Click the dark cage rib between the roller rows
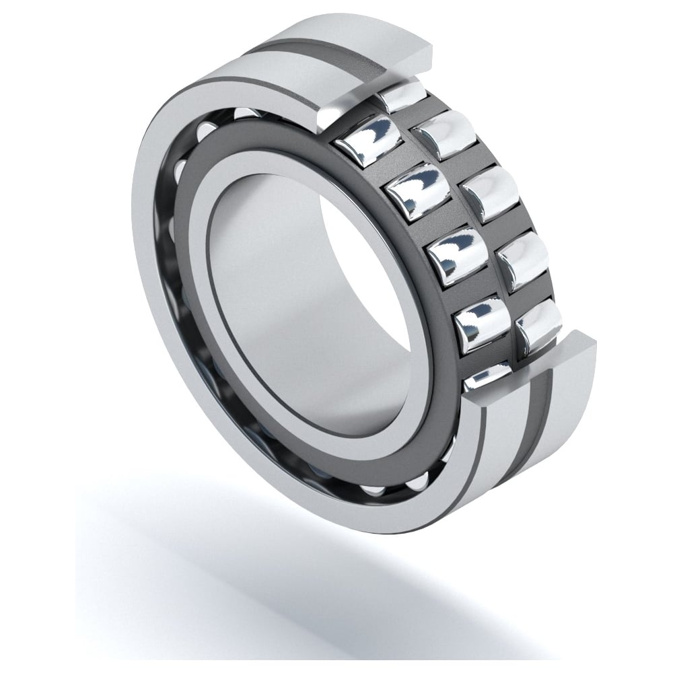[471, 222]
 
